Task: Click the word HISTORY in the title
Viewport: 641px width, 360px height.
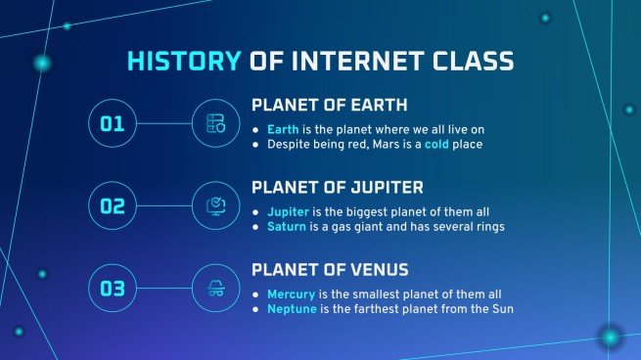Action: click(x=183, y=62)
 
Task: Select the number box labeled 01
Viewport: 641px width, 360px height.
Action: click(x=113, y=123)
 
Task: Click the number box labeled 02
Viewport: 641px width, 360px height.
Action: click(x=113, y=205)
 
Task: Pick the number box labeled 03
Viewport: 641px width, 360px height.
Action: click(x=113, y=289)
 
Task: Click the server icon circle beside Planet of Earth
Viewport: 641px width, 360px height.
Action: click(x=215, y=123)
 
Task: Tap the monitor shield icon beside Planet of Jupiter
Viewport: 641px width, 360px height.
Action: click(x=215, y=205)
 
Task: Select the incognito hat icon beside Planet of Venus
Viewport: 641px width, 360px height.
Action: click(x=215, y=289)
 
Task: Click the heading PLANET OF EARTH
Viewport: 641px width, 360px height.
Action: click(x=330, y=106)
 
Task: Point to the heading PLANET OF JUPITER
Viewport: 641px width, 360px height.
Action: click(x=338, y=187)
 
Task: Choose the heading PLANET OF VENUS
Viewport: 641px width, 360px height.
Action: click(x=331, y=269)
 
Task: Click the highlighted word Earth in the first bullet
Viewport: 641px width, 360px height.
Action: click(x=283, y=129)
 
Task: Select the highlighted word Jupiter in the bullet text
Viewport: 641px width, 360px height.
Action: click(x=288, y=211)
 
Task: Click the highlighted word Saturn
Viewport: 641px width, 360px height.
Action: click(x=286, y=227)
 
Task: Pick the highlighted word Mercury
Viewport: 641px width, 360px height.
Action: click(x=291, y=293)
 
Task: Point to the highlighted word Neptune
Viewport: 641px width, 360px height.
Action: click(x=292, y=309)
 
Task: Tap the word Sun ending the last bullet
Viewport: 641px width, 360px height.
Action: click(x=501, y=309)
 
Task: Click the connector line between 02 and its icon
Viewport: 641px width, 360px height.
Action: click(x=164, y=205)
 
